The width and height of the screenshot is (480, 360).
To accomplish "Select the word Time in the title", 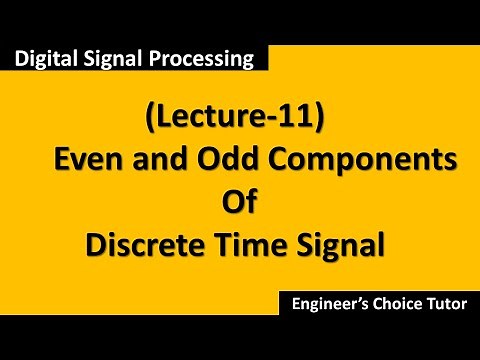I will click(251, 244).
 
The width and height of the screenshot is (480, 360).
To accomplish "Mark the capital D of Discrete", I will click(96, 244).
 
